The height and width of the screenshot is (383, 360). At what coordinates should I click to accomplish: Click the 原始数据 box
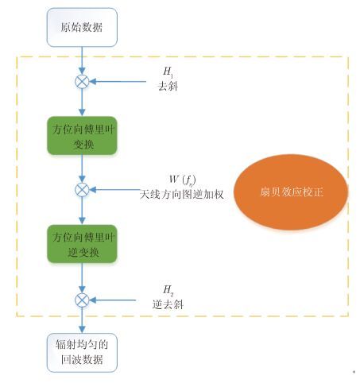82,27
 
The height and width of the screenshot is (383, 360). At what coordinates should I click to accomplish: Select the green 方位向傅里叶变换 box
82,136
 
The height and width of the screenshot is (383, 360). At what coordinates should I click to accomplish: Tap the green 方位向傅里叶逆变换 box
82,244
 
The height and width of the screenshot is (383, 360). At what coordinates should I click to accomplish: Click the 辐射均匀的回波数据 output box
82,353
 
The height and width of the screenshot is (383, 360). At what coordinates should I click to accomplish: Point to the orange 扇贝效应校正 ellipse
291,192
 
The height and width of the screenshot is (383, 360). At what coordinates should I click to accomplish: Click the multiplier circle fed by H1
82,82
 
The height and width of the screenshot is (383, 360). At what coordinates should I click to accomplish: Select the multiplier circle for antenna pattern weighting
82,190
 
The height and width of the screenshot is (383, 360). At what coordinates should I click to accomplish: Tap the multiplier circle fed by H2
82,300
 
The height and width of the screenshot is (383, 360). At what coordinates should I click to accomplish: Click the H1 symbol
168,72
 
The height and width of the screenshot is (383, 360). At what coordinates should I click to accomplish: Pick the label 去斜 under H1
168,86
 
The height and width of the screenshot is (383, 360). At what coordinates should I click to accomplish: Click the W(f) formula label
183,180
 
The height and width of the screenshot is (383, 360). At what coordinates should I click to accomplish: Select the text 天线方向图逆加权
182,195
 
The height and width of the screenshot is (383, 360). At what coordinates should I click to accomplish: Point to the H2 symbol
168,290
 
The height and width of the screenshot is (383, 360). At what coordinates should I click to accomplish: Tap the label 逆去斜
168,304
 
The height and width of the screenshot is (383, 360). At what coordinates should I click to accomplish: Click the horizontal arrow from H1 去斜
118,82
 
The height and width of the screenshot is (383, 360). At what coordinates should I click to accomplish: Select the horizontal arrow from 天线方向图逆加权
114,190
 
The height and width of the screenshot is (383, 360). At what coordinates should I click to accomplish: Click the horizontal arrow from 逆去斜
112,300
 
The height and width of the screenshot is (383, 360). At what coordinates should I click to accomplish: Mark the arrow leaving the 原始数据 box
82,60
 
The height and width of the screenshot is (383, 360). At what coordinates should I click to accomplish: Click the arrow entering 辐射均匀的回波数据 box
82,320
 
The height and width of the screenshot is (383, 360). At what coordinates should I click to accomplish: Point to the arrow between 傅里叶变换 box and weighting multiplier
82,168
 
